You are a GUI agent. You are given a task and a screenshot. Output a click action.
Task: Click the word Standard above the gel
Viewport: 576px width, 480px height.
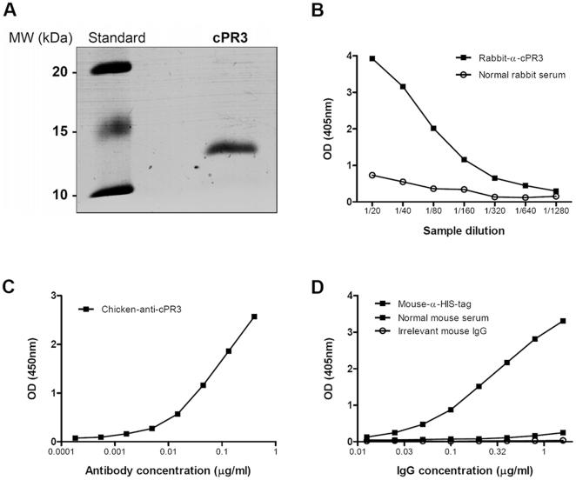point(117,38)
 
